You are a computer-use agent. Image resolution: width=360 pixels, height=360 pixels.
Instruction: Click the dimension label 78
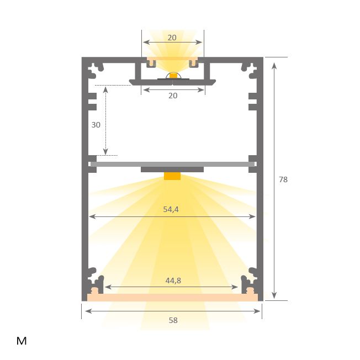[283, 179]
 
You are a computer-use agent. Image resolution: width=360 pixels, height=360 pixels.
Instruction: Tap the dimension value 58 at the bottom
[173, 320]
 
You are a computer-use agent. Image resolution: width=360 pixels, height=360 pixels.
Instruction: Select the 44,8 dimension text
[173, 280]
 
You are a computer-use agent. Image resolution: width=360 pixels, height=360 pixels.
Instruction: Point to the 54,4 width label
[171, 209]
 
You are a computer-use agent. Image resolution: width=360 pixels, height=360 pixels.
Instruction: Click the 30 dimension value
[96, 125]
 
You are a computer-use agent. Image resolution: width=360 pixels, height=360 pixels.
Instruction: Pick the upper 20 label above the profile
[172, 38]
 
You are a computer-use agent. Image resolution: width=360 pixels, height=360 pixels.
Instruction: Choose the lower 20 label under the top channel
[173, 96]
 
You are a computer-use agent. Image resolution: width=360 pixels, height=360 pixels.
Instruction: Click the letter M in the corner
[22, 341]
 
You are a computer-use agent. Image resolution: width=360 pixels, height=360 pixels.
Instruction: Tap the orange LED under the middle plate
[172, 176]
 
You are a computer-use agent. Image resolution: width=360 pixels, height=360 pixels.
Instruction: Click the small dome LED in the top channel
[173, 76]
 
